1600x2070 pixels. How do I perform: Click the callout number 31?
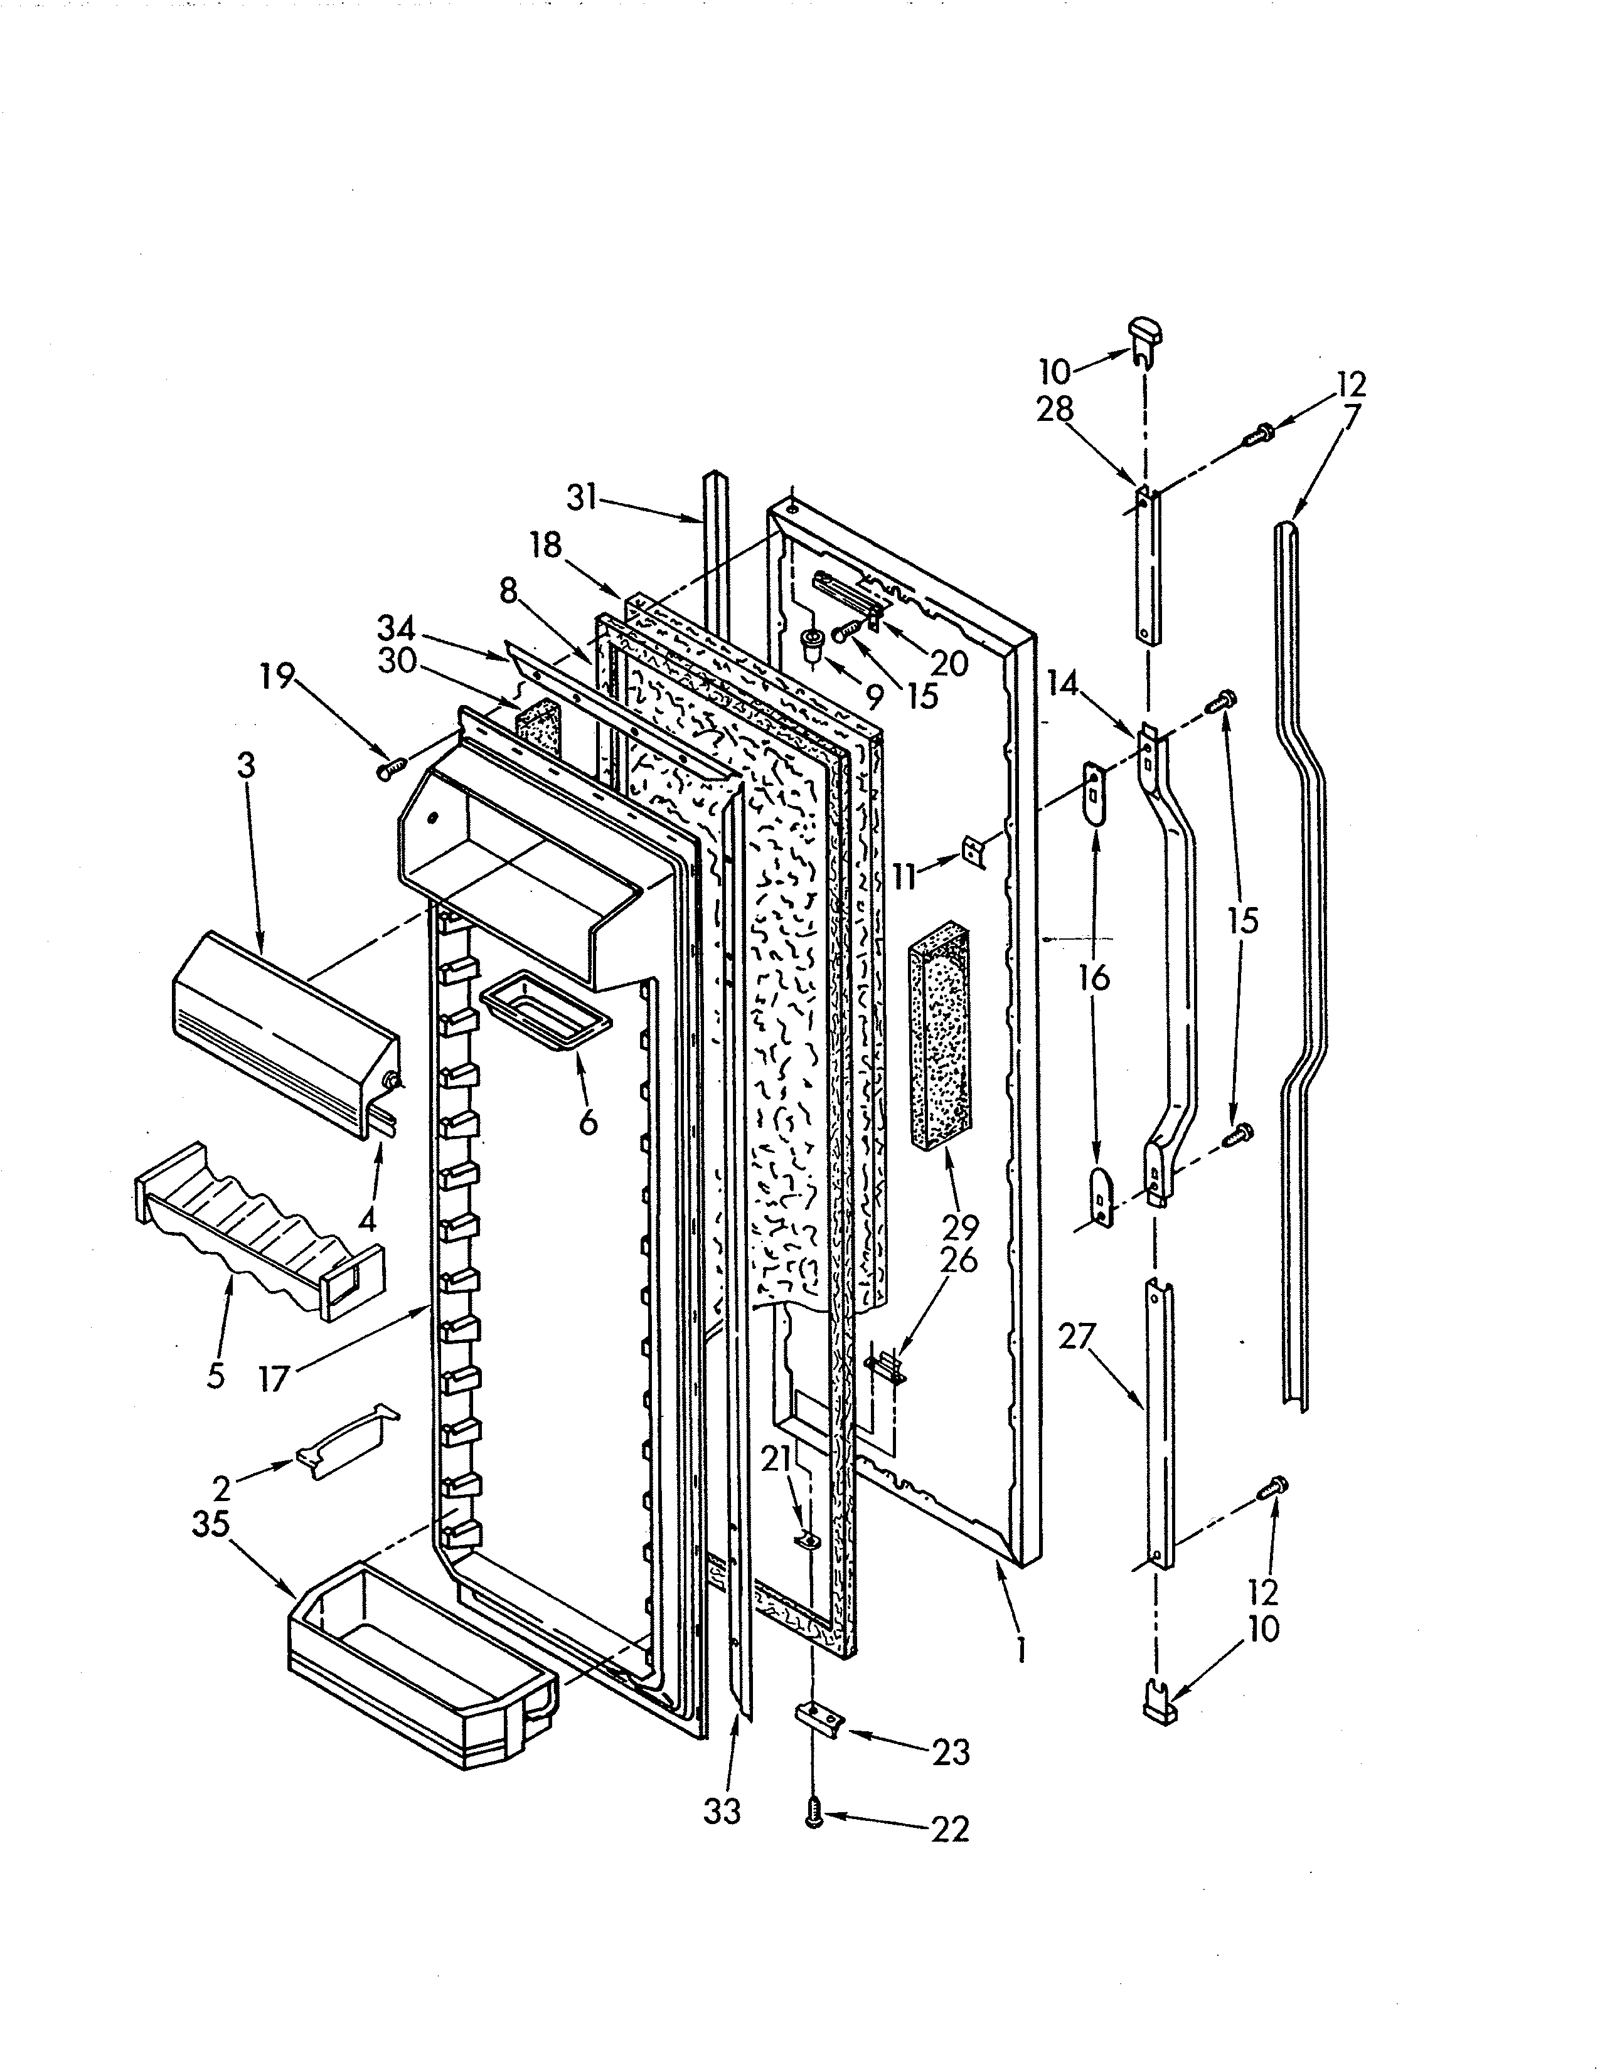pyautogui.click(x=582, y=497)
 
